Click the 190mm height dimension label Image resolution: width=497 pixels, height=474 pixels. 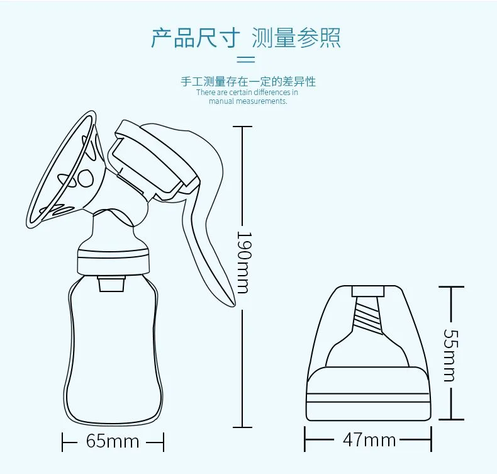pyautogui.click(x=243, y=262)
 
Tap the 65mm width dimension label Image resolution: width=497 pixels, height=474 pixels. pyautogui.click(x=113, y=441)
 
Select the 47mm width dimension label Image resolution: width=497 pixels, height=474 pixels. pyautogui.click(x=369, y=440)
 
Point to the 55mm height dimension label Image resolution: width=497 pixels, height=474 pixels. pyautogui.click(x=450, y=355)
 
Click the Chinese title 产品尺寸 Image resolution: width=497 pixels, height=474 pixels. pyautogui.click(x=195, y=38)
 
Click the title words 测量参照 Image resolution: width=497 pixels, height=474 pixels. pyautogui.click(x=296, y=38)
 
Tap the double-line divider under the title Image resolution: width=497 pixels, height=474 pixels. pyautogui.click(x=246, y=59)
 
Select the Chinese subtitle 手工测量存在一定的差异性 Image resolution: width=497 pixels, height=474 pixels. pyautogui.click(x=248, y=81)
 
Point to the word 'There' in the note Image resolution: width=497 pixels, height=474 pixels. pyautogui.click(x=206, y=93)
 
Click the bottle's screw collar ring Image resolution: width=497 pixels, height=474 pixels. pyautogui.click(x=113, y=259)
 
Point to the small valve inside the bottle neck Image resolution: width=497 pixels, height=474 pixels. pyautogui.click(x=111, y=284)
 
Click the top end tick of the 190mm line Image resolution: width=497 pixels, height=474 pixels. pyautogui.click(x=243, y=127)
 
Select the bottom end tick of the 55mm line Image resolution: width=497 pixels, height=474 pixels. pyautogui.click(x=451, y=419)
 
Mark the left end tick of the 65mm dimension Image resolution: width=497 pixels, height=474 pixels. pyautogui.click(x=62, y=442)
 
